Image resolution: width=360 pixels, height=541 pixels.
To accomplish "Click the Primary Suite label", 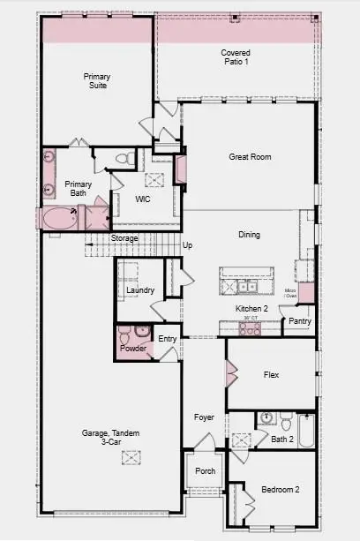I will tap(97, 81).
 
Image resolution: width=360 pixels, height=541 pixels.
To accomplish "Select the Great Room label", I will tap(249, 157).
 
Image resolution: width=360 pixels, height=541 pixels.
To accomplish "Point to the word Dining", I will tap(250, 235).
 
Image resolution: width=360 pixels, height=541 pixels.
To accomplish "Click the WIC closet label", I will tap(145, 199).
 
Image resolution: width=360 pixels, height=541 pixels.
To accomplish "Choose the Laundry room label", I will tap(140, 290).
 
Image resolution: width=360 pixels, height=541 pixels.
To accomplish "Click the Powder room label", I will tap(133, 349).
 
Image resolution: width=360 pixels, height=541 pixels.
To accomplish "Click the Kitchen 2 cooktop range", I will tap(250, 329).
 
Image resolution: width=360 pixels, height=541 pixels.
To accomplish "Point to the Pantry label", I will tap(300, 321).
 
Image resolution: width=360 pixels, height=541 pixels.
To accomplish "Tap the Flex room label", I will tap(272, 375).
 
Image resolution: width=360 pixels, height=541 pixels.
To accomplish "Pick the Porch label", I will tap(205, 471).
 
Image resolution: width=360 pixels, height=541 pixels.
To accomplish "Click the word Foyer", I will tap(205, 417).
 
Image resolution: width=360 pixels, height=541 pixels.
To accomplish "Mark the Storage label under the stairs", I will tap(124, 238).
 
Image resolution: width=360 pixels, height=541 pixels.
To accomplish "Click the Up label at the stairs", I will tap(187, 245).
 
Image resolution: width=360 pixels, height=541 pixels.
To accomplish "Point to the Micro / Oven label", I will tap(290, 292).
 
